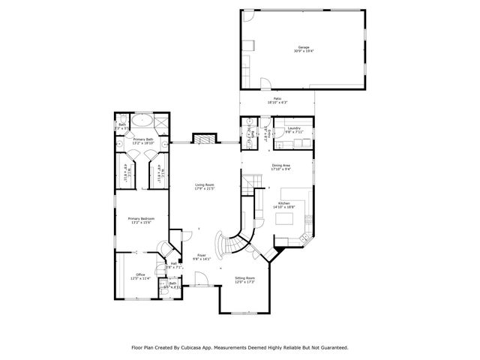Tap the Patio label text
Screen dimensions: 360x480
[277, 100]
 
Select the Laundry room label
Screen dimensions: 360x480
[293, 130]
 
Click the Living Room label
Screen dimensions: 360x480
[205, 186]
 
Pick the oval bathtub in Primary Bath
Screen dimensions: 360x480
[142, 120]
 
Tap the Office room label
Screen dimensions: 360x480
[140, 276]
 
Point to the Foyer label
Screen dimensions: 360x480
[202, 256]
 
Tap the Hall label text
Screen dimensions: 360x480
[173, 264]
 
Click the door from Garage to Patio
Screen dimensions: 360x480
[265, 84]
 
